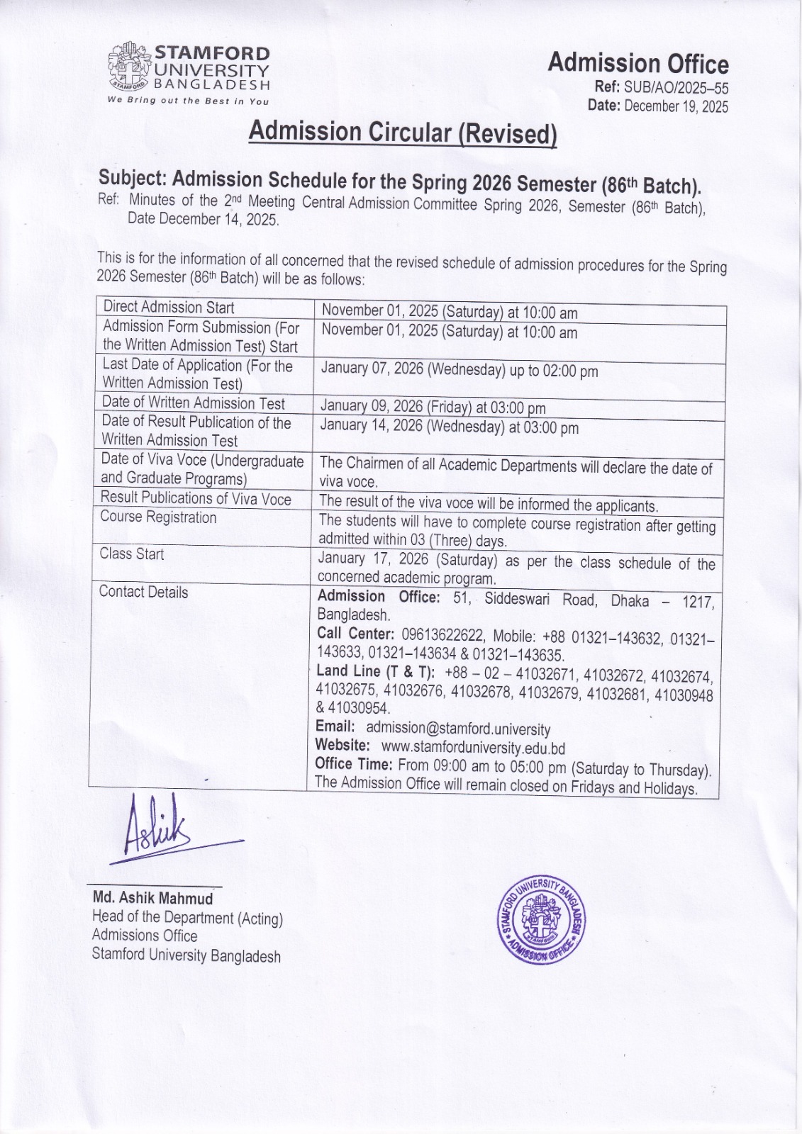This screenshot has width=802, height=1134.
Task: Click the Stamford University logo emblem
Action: (129, 68)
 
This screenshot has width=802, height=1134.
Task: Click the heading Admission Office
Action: (637, 64)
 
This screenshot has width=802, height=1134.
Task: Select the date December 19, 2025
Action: (676, 106)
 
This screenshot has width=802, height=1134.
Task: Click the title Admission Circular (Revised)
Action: (403, 133)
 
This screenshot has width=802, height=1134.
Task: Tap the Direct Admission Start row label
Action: (169, 307)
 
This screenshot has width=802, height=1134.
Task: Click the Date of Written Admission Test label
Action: (193, 403)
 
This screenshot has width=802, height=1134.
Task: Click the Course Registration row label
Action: (158, 517)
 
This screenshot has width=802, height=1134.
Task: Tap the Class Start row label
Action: (132, 554)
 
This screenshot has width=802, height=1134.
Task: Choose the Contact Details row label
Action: (143, 592)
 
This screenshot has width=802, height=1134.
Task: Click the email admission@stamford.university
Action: (457, 728)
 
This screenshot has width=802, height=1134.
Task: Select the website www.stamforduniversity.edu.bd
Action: (473, 747)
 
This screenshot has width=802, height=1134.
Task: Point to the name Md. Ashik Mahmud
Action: (153, 898)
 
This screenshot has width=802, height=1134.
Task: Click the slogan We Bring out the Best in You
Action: (188, 101)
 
